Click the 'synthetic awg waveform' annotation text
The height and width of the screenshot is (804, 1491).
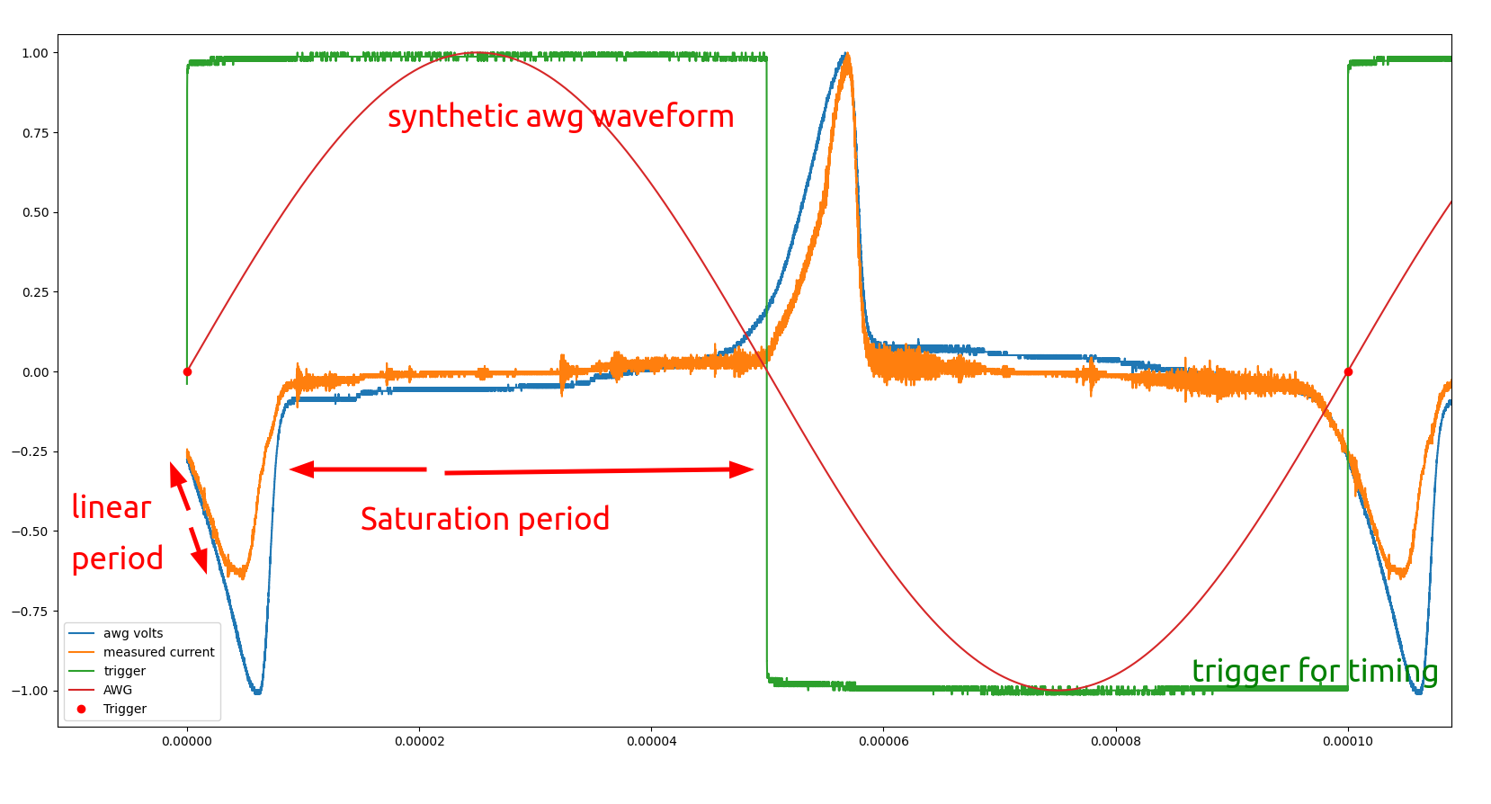pos(560,116)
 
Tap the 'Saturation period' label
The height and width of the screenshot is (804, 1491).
pos(485,519)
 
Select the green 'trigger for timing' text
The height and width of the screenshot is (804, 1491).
pos(1315,671)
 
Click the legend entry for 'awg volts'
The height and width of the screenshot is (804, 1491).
pos(133,633)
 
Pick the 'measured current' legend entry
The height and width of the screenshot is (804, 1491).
pos(158,652)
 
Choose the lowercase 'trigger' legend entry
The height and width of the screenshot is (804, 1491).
pos(124,671)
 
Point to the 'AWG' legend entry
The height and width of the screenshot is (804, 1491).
pos(118,690)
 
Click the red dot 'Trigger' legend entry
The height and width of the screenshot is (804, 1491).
pos(124,709)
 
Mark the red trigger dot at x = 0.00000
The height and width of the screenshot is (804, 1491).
pos(187,371)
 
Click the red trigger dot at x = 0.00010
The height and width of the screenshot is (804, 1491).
pos(1348,371)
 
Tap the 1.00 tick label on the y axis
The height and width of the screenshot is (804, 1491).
pos(35,53)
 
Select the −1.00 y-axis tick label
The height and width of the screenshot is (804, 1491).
pos(32,691)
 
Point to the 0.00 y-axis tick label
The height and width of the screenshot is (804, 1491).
pos(35,372)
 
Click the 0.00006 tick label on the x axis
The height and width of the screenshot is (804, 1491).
pos(884,741)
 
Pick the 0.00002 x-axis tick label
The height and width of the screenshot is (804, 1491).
pos(419,741)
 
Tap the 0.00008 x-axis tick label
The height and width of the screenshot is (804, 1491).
pos(1116,741)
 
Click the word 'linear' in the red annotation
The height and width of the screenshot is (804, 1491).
pos(111,507)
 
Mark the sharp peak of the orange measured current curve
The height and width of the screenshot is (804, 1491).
pos(847,56)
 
